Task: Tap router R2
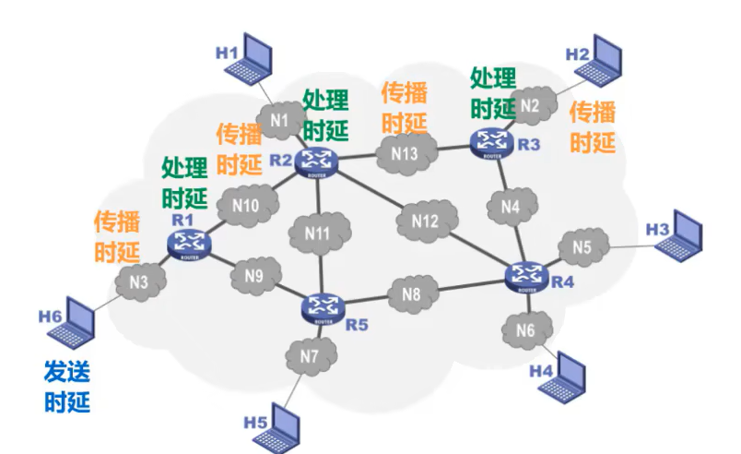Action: point(318,161)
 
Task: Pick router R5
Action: point(323,306)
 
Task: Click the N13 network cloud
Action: point(405,153)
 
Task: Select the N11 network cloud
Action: point(318,233)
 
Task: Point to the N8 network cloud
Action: point(411,295)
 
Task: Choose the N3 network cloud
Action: point(139,283)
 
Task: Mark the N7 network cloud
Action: point(310,356)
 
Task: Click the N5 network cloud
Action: point(582,246)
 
